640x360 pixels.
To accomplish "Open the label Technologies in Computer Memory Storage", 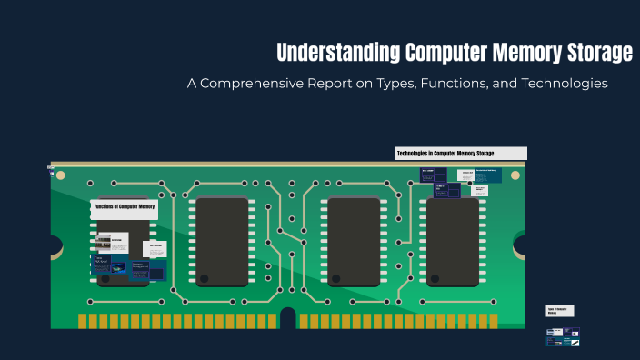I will tap(461, 154).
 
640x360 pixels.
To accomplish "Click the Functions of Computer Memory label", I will tap(124, 207).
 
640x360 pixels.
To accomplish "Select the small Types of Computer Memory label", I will tap(559, 311).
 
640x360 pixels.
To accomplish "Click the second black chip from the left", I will tap(219, 242).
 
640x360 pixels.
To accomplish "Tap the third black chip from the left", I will tap(354, 242).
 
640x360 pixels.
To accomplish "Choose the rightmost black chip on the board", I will tap(453, 242).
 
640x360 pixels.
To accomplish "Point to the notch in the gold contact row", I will tap(287, 318).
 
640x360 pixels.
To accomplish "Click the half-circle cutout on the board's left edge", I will tap(55, 245).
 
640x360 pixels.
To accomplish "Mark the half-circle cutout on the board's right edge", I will tap(522, 245).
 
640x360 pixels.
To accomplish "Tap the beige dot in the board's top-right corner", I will tap(515, 175).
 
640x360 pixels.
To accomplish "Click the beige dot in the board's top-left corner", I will tap(62, 175).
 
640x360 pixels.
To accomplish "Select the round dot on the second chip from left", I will tap(204, 278).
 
